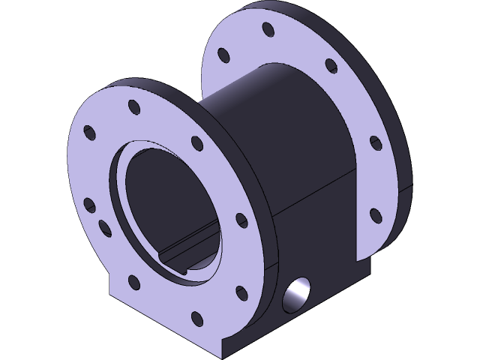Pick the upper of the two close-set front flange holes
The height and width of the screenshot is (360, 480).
pos(88,203)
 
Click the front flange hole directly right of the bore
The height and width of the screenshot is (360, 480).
pos(240,220)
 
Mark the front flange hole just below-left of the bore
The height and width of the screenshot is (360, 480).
pos(135,283)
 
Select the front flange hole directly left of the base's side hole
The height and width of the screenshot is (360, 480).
pos(241,291)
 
